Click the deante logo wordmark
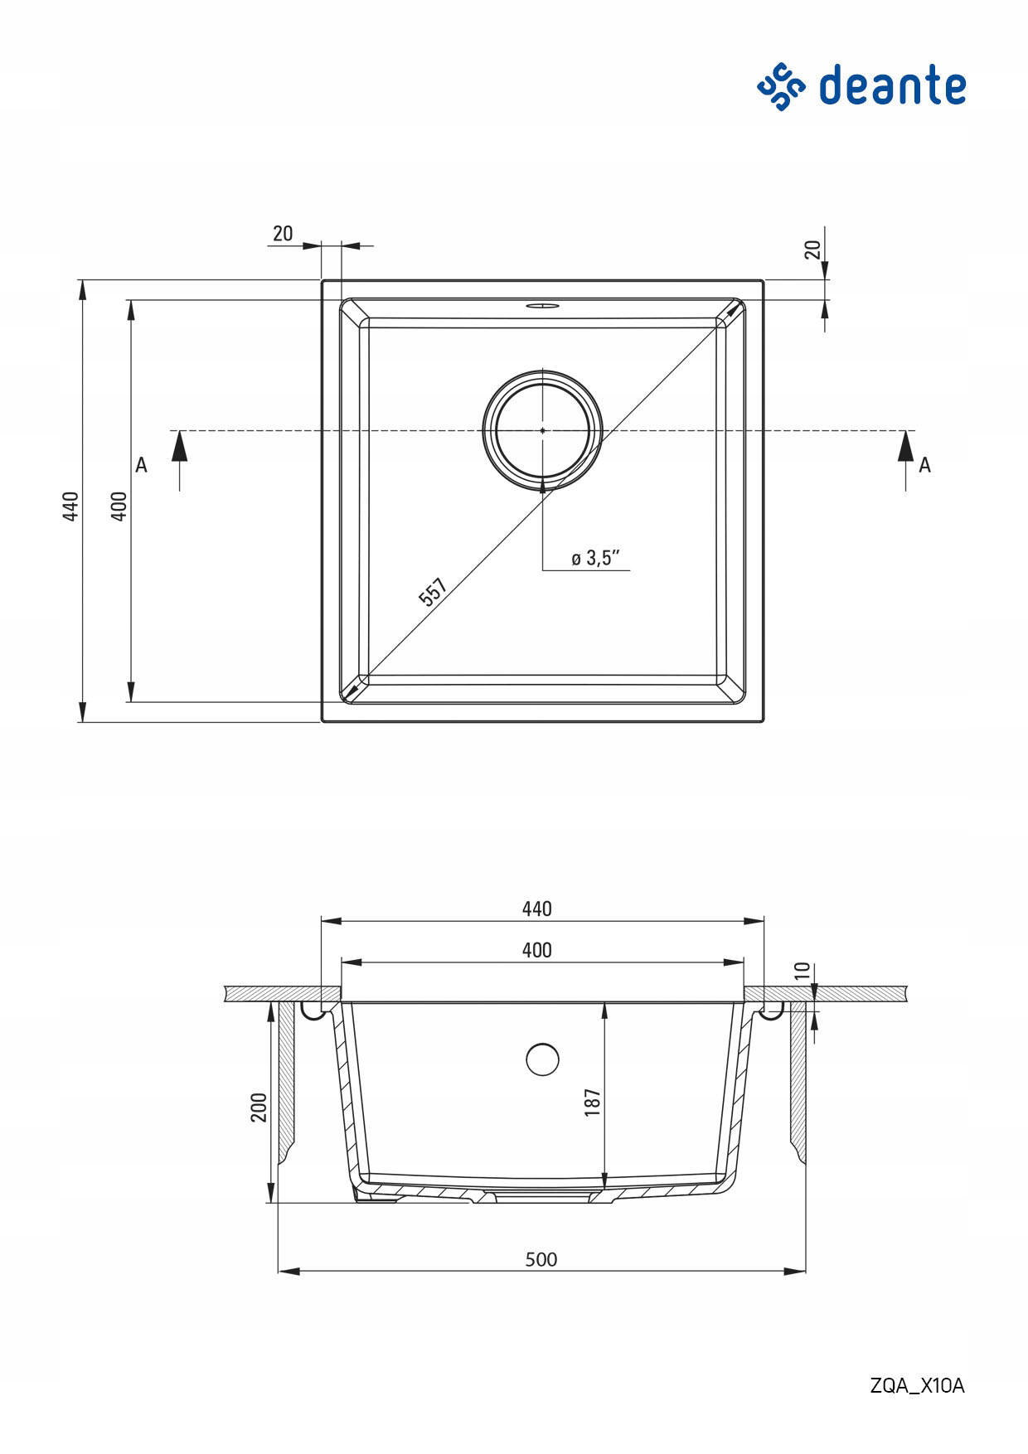click(892, 86)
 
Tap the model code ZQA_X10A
click(918, 1386)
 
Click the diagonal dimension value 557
click(433, 592)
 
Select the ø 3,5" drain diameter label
click(596, 558)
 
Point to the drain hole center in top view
click(543, 430)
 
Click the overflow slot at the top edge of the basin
click(542, 304)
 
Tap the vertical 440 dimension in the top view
click(70, 506)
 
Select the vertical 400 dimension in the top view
click(119, 506)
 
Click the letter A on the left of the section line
click(142, 465)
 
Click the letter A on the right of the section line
click(924, 465)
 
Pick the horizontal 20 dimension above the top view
click(283, 234)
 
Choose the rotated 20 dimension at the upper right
click(812, 249)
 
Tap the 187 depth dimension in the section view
click(592, 1102)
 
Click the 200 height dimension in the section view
click(259, 1107)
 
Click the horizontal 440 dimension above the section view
click(537, 909)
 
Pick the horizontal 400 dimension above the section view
click(537, 950)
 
